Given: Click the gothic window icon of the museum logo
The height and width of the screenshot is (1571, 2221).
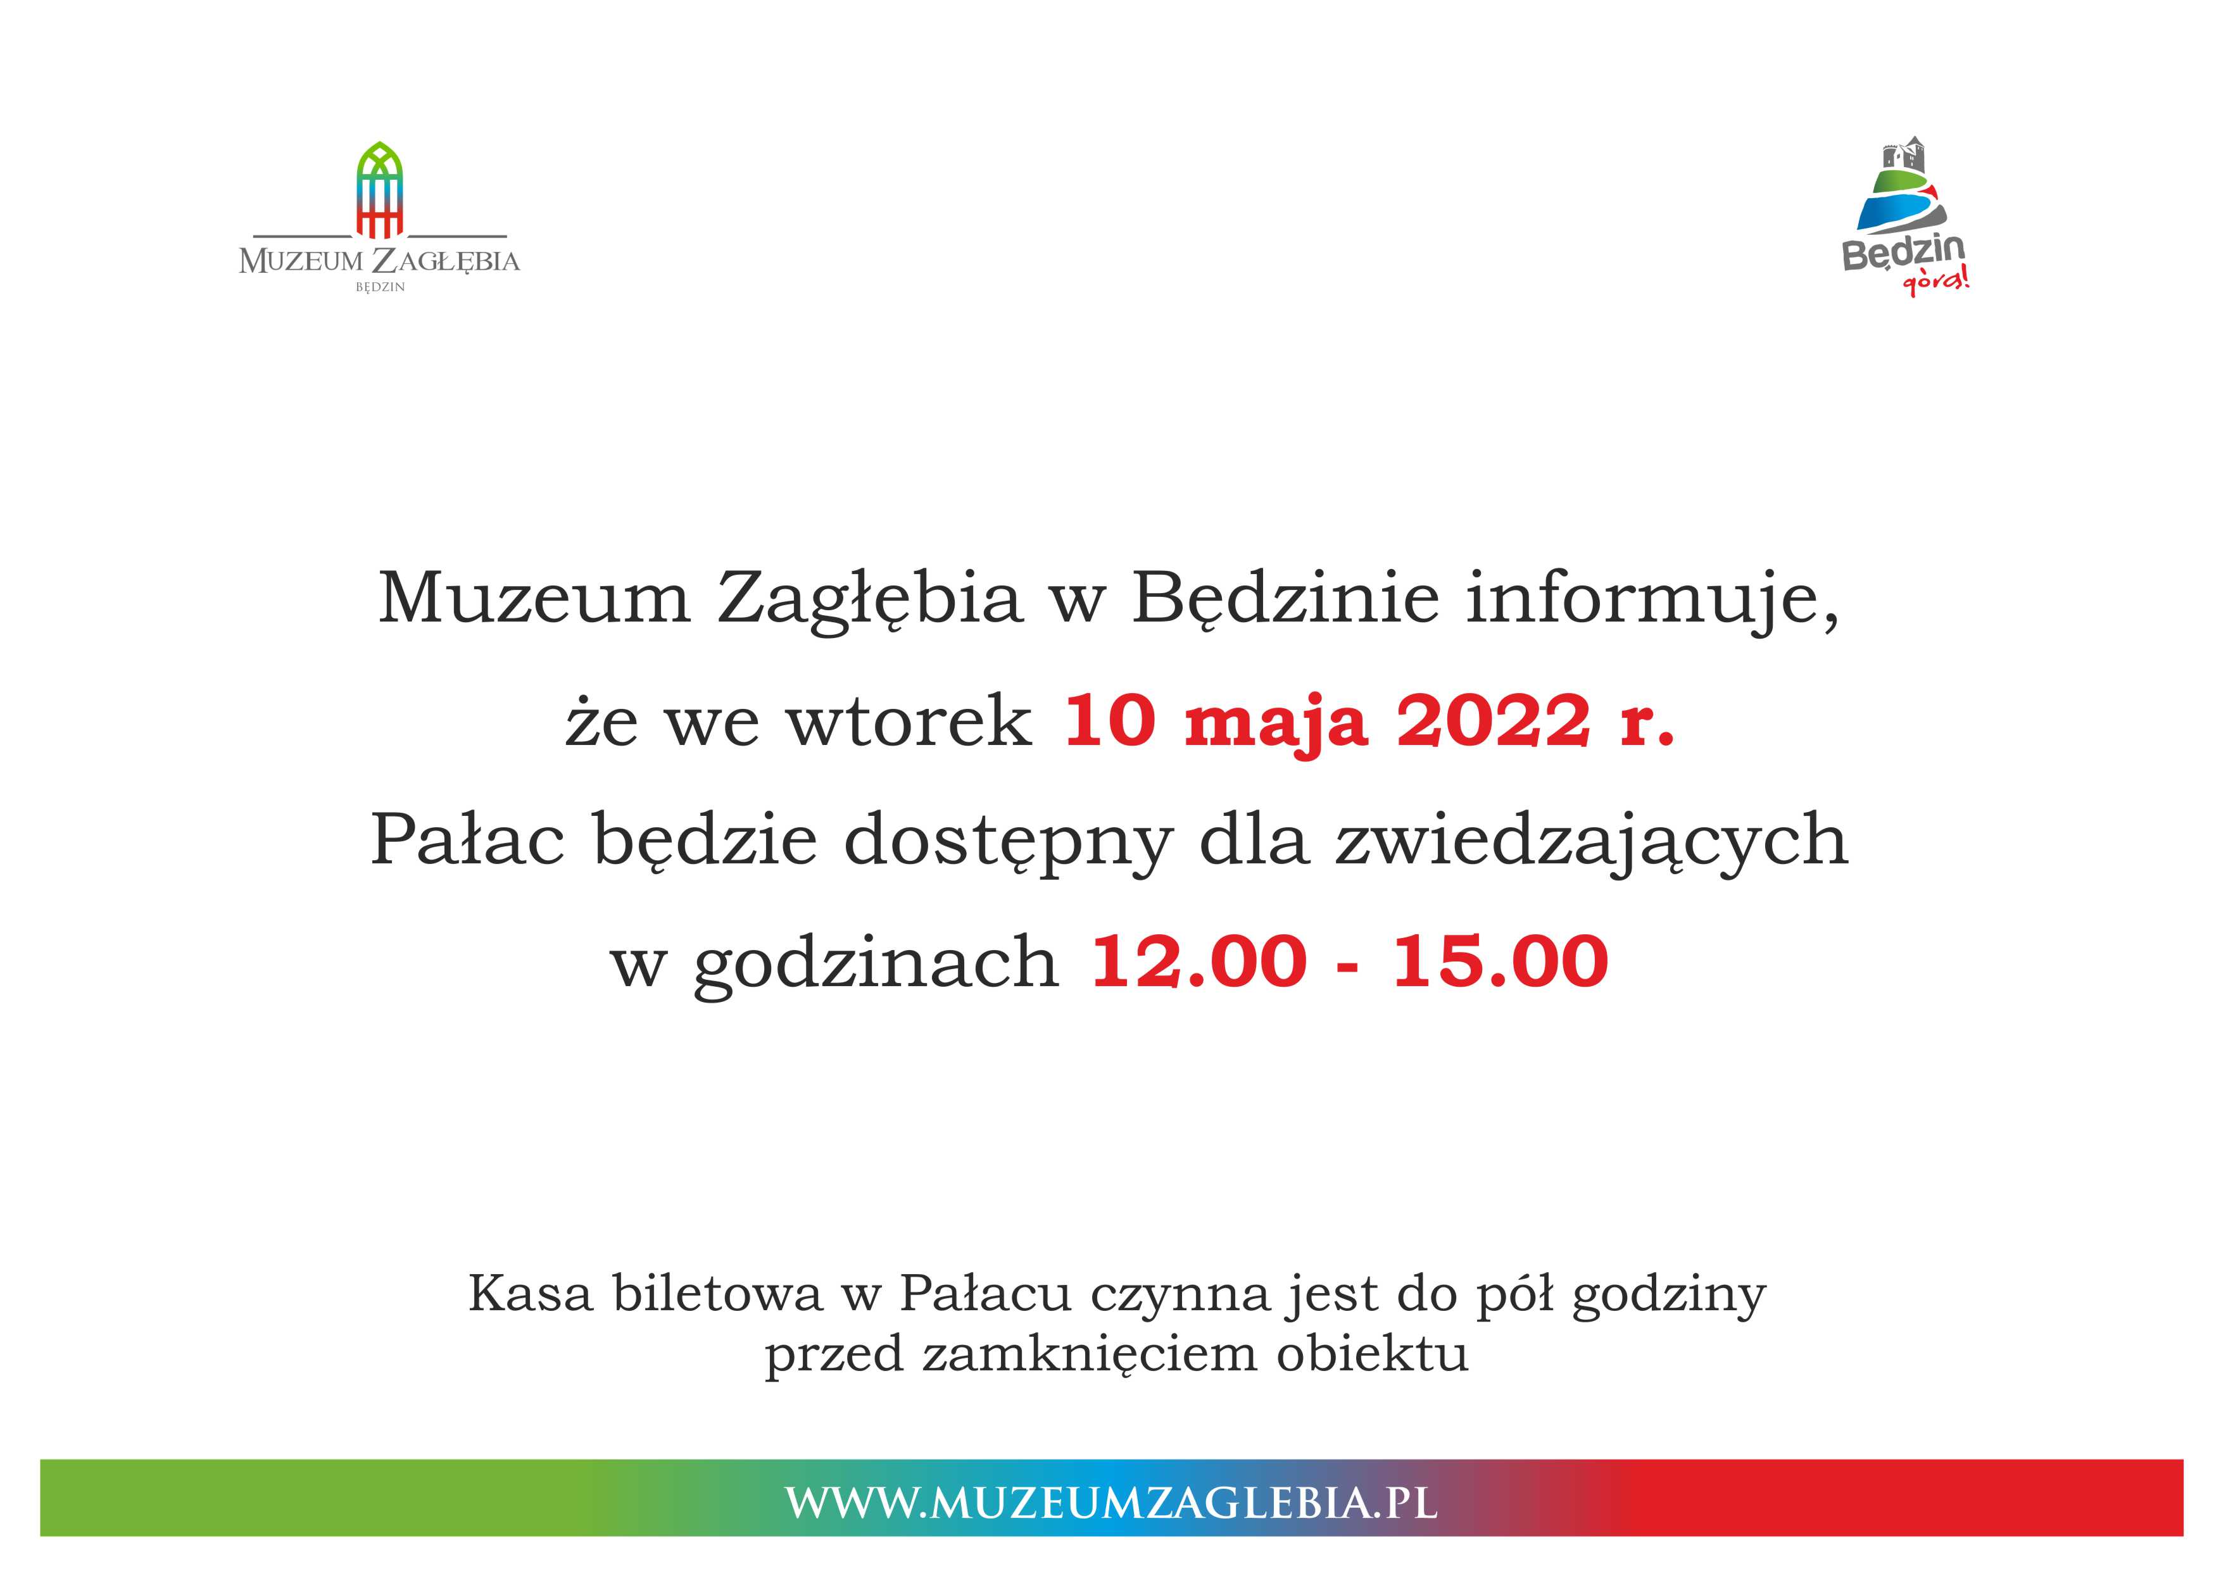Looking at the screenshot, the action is (x=380, y=190).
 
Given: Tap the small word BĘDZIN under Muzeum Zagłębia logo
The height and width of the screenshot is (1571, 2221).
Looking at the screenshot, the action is (x=380, y=287).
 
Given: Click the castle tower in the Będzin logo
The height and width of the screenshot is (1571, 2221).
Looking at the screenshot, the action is (x=1904, y=157).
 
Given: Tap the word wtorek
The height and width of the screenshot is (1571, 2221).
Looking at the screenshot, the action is (x=910, y=722).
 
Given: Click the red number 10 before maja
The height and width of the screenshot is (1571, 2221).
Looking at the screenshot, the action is (x=1109, y=721).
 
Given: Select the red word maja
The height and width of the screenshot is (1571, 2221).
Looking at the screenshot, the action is (x=1276, y=725).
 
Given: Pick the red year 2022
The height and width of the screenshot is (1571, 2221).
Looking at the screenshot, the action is (x=1493, y=721).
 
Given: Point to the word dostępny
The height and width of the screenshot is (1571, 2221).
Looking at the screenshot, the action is (x=1009, y=842).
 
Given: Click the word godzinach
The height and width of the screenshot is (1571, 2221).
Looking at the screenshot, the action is (x=876, y=963).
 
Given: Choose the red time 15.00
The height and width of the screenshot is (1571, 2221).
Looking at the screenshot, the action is (x=1501, y=961).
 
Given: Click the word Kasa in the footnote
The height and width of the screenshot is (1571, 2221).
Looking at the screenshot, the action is (x=530, y=1293).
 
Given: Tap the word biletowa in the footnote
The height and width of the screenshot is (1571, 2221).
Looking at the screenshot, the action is (x=718, y=1293).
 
